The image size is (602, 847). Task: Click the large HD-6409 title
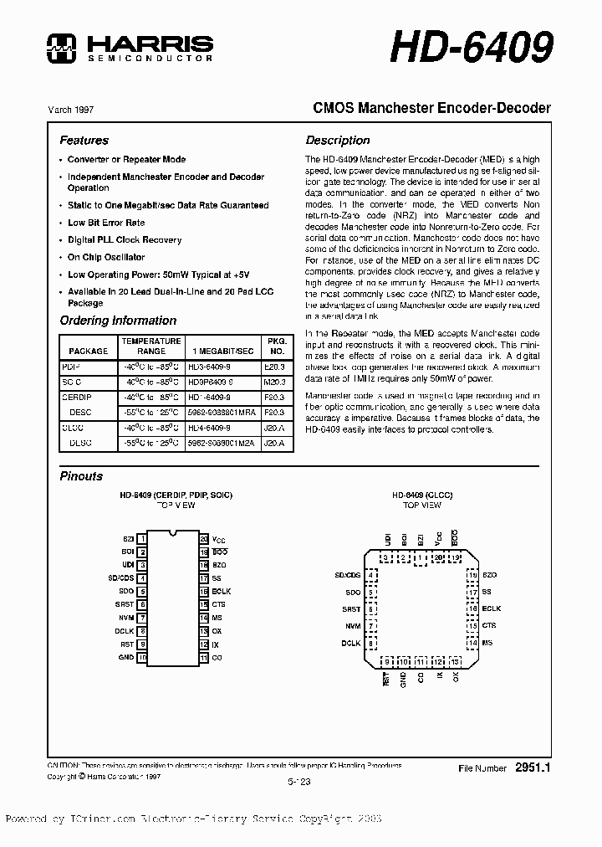pyautogui.click(x=472, y=49)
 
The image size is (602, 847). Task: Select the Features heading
pyautogui.click(x=84, y=141)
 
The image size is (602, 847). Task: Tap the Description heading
pyautogui.click(x=337, y=141)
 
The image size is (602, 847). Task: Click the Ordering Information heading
pyautogui.click(x=118, y=321)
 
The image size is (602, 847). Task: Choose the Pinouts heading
pyautogui.click(x=81, y=476)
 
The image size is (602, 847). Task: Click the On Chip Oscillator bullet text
pyautogui.click(x=105, y=258)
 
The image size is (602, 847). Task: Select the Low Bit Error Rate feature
pyautogui.click(x=105, y=223)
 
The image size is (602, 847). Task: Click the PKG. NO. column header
pyautogui.click(x=275, y=346)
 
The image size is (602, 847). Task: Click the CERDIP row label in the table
pyautogui.click(x=77, y=397)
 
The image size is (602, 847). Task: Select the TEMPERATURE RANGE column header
pyautogui.click(x=150, y=346)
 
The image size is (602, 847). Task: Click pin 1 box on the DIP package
pyautogui.click(x=143, y=540)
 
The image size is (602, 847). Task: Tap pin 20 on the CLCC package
pyautogui.click(x=437, y=557)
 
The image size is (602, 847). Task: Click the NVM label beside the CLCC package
pyautogui.click(x=353, y=626)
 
